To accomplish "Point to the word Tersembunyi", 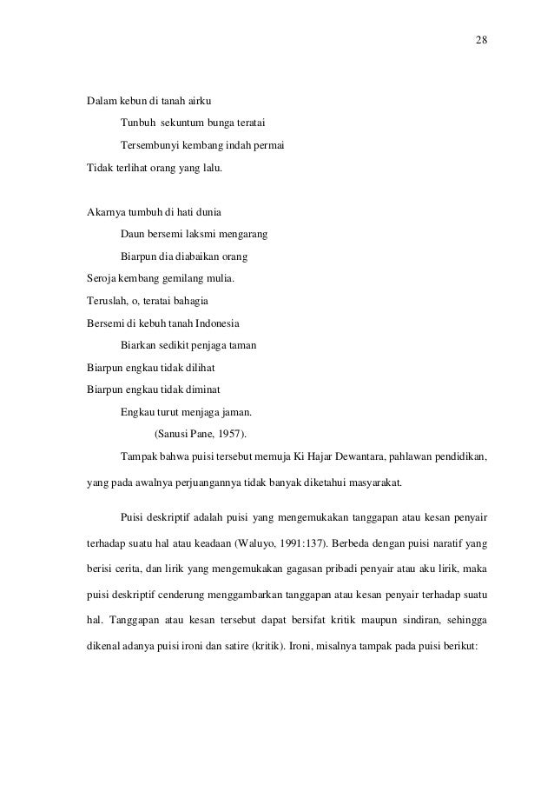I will tap(149, 143).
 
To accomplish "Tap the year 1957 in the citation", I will tap(231, 434).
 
